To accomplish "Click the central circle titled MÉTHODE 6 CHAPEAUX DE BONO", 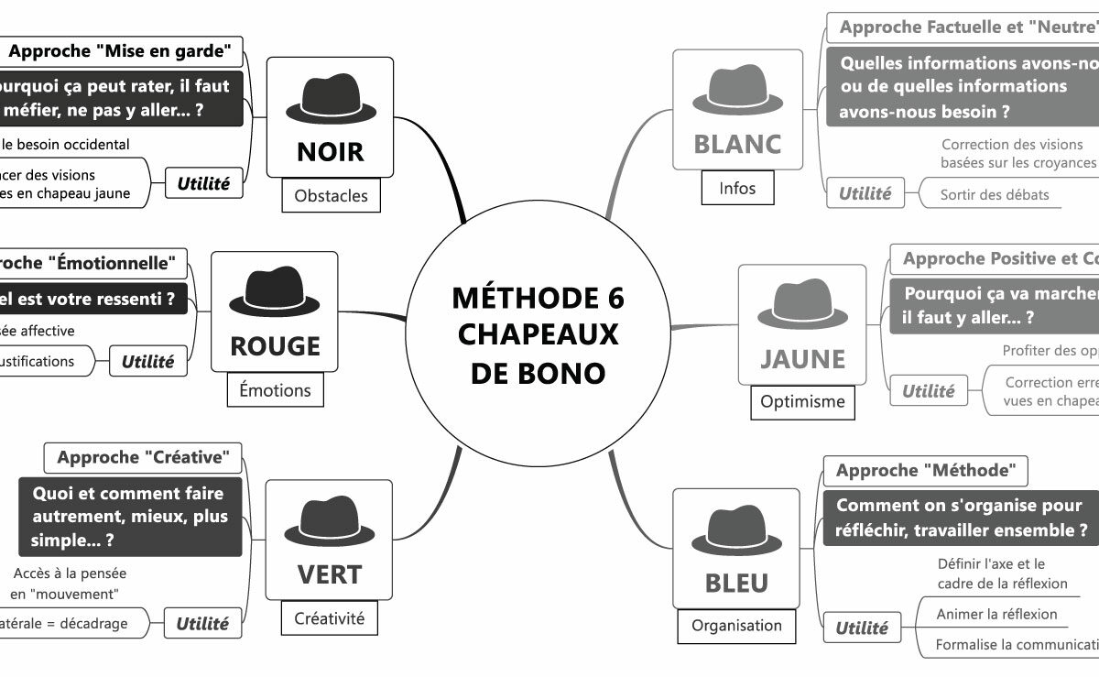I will pyautogui.click(x=538, y=335).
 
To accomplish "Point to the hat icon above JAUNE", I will pyautogui.click(x=802, y=306).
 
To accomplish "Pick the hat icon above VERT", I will pyautogui.click(x=330, y=523).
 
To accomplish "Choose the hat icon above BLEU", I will pyautogui.click(x=736, y=531).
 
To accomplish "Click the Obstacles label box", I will pyautogui.click(x=331, y=195).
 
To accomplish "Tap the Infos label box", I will pyautogui.click(x=737, y=188).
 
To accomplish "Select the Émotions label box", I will pyautogui.click(x=275, y=390).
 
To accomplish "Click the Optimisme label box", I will pyautogui.click(x=802, y=401).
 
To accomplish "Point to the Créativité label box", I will pyautogui.click(x=329, y=618).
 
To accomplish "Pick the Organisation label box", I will pyautogui.click(x=736, y=626).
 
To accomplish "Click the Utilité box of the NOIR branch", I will pyautogui.click(x=203, y=183).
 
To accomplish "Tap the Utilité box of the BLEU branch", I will pyautogui.click(x=862, y=628).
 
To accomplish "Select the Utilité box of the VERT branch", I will pyautogui.click(x=202, y=624).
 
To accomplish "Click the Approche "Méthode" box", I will pyautogui.click(x=926, y=471).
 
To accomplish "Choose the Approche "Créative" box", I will pyautogui.click(x=143, y=456).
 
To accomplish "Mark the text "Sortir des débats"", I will pyautogui.click(x=995, y=194).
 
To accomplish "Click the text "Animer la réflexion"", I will pyautogui.click(x=996, y=614).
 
